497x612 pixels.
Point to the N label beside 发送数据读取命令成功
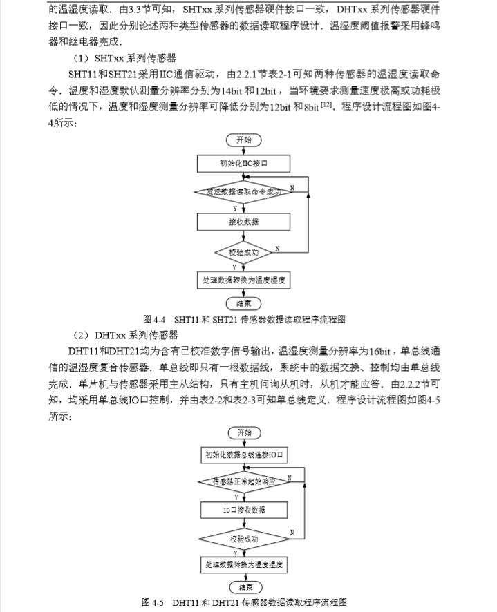click(293, 188)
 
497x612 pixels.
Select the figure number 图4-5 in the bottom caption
click(153, 602)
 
